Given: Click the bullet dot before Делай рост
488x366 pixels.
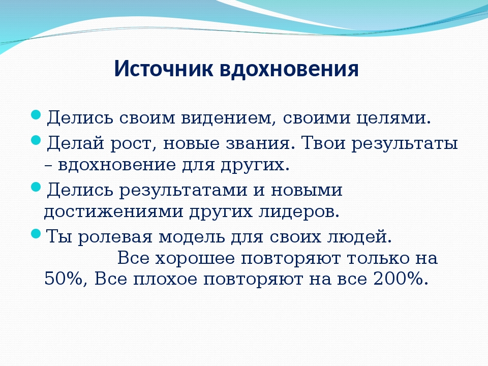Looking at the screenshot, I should tap(36, 140).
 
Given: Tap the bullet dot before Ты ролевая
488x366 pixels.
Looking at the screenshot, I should tap(36, 233).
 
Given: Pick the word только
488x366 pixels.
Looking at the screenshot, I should tap(379, 258).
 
